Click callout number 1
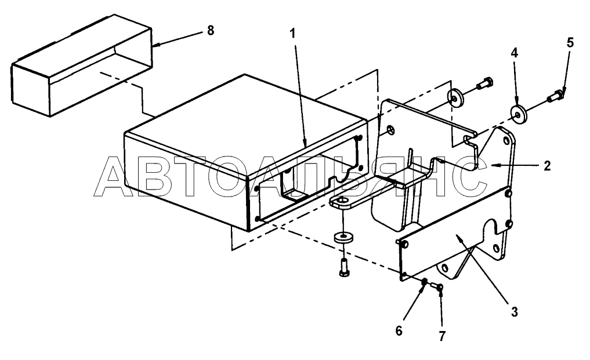tap(293, 34)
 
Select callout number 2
tap(547, 166)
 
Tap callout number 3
tap(515, 311)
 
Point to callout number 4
tap(515, 53)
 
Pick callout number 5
tap(570, 42)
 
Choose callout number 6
tap(399, 330)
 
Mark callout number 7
tap(441, 336)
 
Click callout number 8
tap(211, 30)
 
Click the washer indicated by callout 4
tap(518, 113)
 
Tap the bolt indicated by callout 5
tap(556, 96)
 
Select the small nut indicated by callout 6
tap(424, 282)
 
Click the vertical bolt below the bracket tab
tap(343, 267)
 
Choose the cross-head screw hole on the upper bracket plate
tap(390, 130)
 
